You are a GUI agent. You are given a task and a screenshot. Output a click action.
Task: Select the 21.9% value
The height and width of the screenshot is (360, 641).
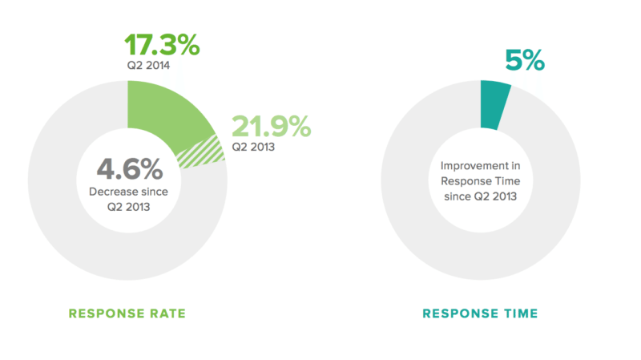click(270, 127)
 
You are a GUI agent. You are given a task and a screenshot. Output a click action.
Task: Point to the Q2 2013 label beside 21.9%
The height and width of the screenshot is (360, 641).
click(252, 147)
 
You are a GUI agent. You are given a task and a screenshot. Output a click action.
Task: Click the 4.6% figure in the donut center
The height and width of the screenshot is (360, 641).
click(129, 169)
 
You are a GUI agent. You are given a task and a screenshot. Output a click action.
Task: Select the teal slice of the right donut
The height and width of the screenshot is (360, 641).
click(493, 104)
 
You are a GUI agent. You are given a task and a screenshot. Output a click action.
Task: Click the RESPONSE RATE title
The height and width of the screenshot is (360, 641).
click(127, 313)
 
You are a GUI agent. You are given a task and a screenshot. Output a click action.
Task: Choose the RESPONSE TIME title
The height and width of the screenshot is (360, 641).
click(481, 313)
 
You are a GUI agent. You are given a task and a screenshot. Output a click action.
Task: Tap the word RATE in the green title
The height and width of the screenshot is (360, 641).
click(167, 313)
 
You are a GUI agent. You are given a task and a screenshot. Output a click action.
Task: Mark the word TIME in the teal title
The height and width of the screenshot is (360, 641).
click(520, 313)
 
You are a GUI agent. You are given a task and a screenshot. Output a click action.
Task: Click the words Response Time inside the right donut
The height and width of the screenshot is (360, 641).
click(480, 180)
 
